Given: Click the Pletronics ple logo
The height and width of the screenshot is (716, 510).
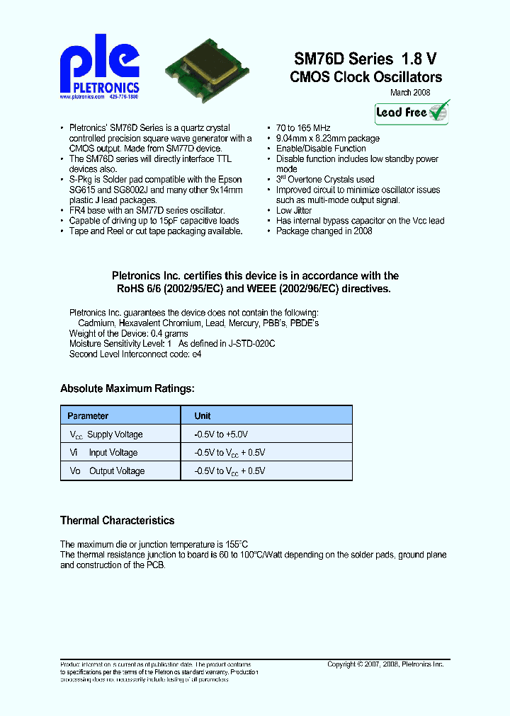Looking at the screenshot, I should tap(99, 68).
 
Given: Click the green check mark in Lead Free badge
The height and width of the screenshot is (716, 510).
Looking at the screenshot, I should tap(438, 111).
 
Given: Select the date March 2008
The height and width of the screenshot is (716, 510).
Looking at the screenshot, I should tap(410, 93).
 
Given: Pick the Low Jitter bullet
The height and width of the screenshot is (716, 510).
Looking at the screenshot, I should tap(294, 211).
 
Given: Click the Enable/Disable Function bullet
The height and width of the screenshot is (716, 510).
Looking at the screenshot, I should tap(321, 149).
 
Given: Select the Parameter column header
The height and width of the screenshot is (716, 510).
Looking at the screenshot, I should tap(88, 416).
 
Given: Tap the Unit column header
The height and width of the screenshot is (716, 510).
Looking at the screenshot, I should tap(203, 416).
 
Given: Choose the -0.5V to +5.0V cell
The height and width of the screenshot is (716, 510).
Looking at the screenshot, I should tap(221, 434).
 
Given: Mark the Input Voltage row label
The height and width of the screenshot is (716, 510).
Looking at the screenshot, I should tap(113, 453).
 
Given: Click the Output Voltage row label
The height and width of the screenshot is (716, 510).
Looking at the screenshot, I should tap(117, 471).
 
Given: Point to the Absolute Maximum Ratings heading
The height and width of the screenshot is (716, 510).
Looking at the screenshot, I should tap(127, 388).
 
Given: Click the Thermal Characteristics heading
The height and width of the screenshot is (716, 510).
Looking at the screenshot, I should tap(117, 521).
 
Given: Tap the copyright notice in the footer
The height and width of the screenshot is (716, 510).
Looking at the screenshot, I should tap(385, 664).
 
